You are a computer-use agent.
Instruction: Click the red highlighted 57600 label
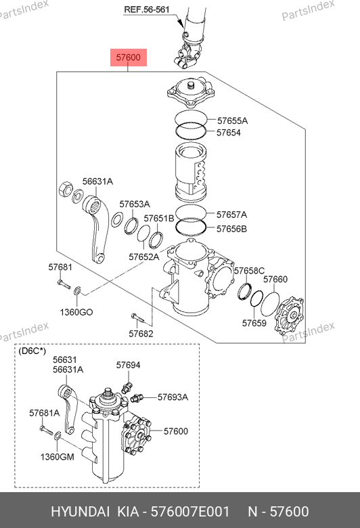pyautogui.click(x=129, y=58)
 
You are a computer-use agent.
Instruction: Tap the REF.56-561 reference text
pyautogui.click(x=146, y=9)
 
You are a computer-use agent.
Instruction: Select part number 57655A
pyautogui.click(x=232, y=120)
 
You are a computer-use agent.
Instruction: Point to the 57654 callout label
pyautogui.click(x=229, y=133)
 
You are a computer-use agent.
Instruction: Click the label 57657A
pyautogui.click(x=231, y=215)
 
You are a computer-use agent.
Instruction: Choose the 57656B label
pyautogui.click(x=231, y=229)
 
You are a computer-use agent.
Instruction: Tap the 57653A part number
pyautogui.click(x=135, y=204)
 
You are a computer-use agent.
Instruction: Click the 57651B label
pyautogui.click(x=159, y=218)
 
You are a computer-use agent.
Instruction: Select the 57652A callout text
pyautogui.click(x=144, y=257)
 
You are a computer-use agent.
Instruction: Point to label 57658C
pyautogui.click(x=250, y=271)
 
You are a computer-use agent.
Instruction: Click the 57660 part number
pyautogui.click(x=275, y=279)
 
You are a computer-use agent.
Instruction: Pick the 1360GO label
pyautogui.click(x=76, y=312)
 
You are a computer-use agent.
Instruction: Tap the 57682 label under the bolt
pyautogui.click(x=141, y=334)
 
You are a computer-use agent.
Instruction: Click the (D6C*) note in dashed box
pyautogui.click(x=32, y=351)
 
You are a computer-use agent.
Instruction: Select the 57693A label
pyautogui.click(x=173, y=397)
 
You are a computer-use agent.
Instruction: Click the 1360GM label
pyautogui.click(x=58, y=457)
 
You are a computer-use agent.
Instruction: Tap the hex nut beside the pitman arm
pyautogui.click(x=65, y=190)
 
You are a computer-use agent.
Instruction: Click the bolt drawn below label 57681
pyautogui.click(x=64, y=284)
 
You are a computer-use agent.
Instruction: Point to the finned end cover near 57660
pyautogui.click(x=289, y=316)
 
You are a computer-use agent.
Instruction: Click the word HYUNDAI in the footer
pyautogui.click(x=80, y=512)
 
